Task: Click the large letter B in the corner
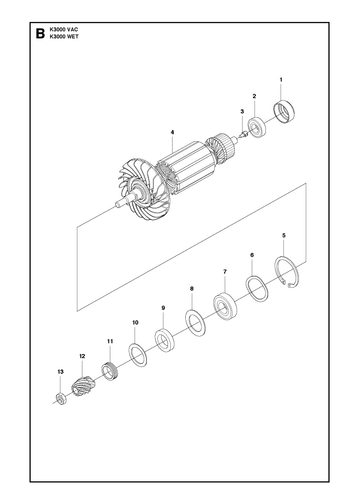tap(40, 34)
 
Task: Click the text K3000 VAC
tap(64, 30)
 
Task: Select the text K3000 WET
tap(64, 37)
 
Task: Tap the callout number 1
tap(281, 80)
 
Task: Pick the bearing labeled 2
tap(258, 127)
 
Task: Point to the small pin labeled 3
tap(243, 134)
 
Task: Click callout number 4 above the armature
tap(172, 132)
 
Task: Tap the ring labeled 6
tap(257, 288)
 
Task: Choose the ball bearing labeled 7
tap(225, 306)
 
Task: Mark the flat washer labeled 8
tap(195, 323)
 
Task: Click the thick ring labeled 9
tap(166, 340)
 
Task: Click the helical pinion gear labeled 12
tap(82, 387)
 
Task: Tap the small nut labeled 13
tap(61, 399)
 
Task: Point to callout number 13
tap(60, 372)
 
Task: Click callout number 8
tap(192, 289)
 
